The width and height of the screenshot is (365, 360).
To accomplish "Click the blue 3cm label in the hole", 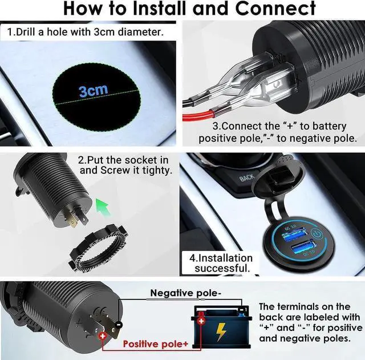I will [93, 90].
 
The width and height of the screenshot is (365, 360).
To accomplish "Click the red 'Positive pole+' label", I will [156, 344].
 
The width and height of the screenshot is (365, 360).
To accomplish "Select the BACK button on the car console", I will [247, 178].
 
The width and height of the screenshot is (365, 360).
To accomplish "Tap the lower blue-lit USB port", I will [302, 250].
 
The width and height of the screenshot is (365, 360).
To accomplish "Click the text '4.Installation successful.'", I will [221, 263].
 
